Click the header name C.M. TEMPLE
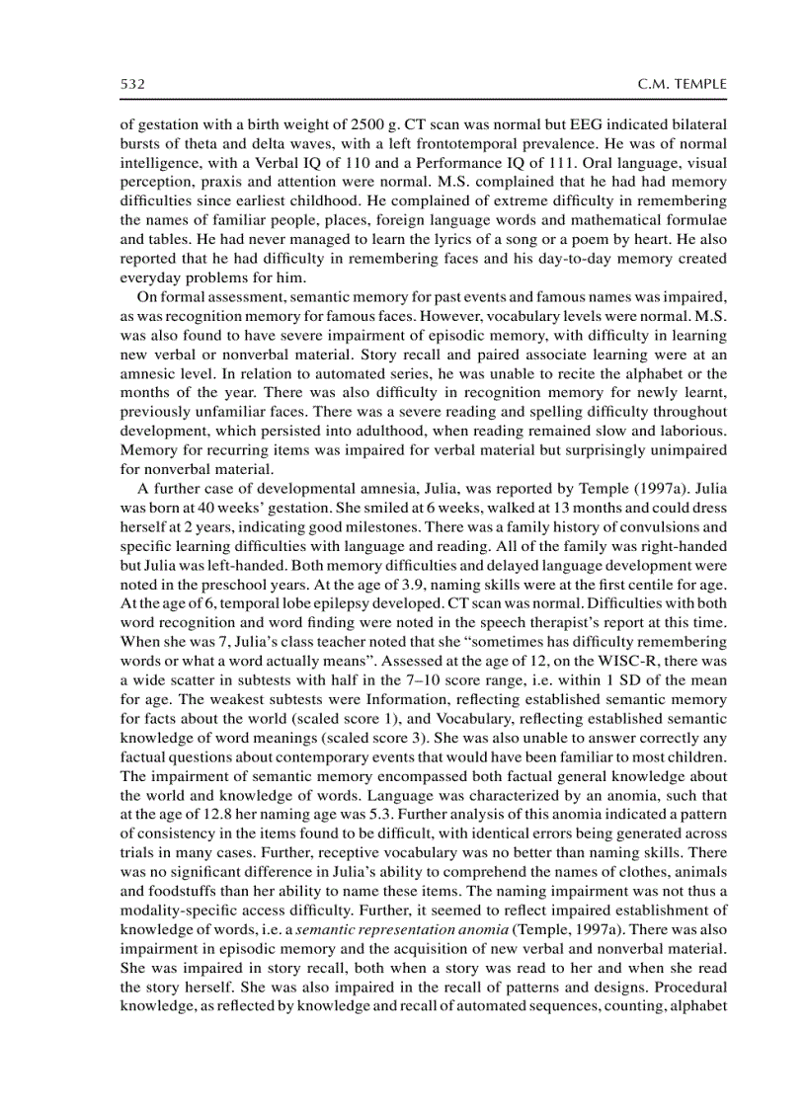pos(683,86)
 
